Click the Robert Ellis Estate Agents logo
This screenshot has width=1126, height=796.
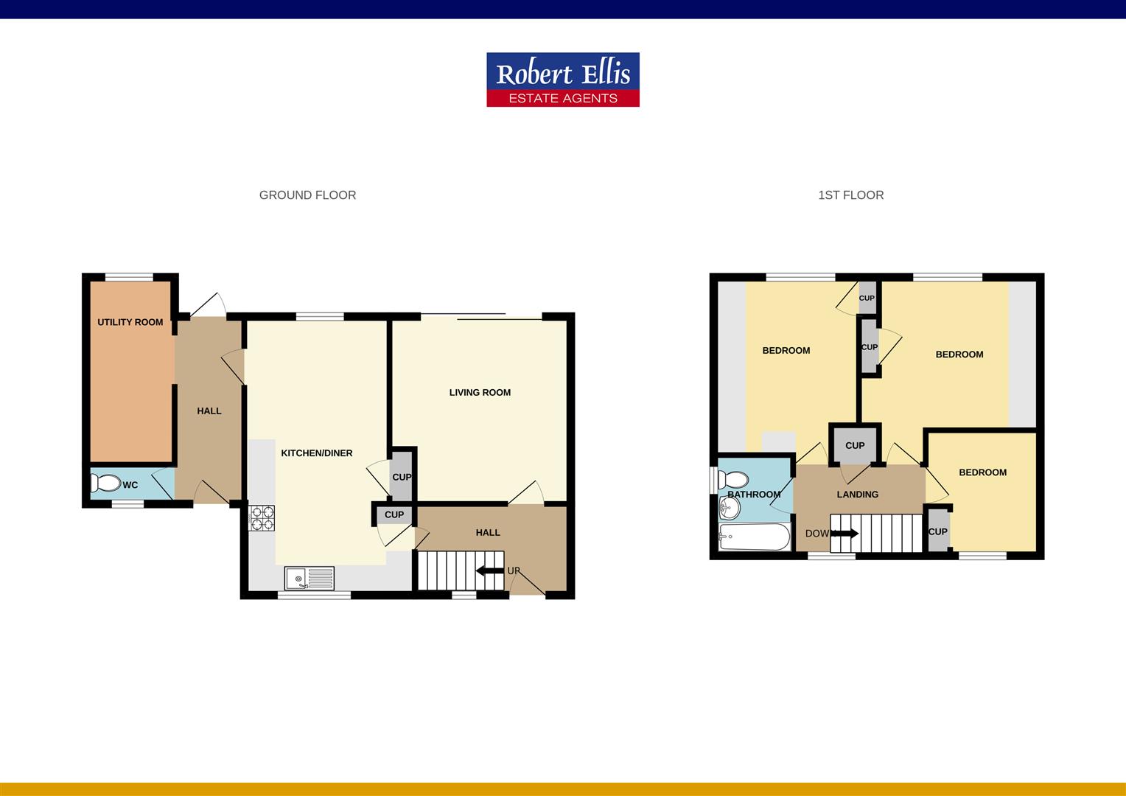pyautogui.click(x=563, y=80)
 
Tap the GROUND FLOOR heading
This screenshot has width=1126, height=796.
pyautogui.click(x=307, y=195)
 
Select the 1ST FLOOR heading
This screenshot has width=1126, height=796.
pyautogui.click(x=850, y=195)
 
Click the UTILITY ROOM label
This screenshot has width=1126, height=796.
pyautogui.click(x=130, y=322)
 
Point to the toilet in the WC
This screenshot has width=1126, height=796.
pyautogui.click(x=105, y=483)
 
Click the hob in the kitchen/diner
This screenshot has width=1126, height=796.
pyautogui.click(x=262, y=517)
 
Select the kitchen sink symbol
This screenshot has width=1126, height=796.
pyautogui.click(x=309, y=579)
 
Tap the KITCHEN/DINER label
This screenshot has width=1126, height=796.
pyautogui.click(x=317, y=453)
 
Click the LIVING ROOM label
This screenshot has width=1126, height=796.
pyautogui.click(x=480, y=393)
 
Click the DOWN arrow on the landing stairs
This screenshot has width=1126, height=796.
pyautogui.click(x=844, y=534)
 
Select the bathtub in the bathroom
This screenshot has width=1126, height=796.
pyautogui.click(x=754, y=537)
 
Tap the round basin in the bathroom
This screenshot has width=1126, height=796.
pyautogui.click(x=729, y=508)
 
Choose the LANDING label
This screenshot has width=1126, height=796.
pyautogui.click(x=857, y=495)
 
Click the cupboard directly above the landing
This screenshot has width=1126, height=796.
pyautogui.click(x=855, y=445)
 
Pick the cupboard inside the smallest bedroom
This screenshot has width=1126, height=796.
pyautogui.click(x=937, y=531)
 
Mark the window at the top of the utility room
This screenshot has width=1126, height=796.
pyautogui.click(x=129, y=277)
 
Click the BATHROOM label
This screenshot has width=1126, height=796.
pyautogui.click(x=754, y=495)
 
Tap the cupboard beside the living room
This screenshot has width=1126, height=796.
pyautogui.click(x=402, y=476)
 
